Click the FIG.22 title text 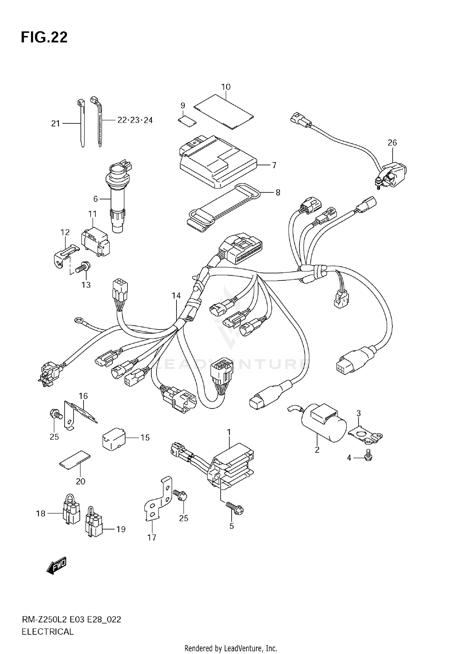click(44, 37)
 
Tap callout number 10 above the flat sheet click(226, 87)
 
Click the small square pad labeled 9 click(187, 121)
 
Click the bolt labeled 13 click(83, 266)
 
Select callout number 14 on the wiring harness click(176, 296)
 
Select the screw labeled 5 click(235, 507)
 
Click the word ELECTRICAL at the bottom click(48, 632)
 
